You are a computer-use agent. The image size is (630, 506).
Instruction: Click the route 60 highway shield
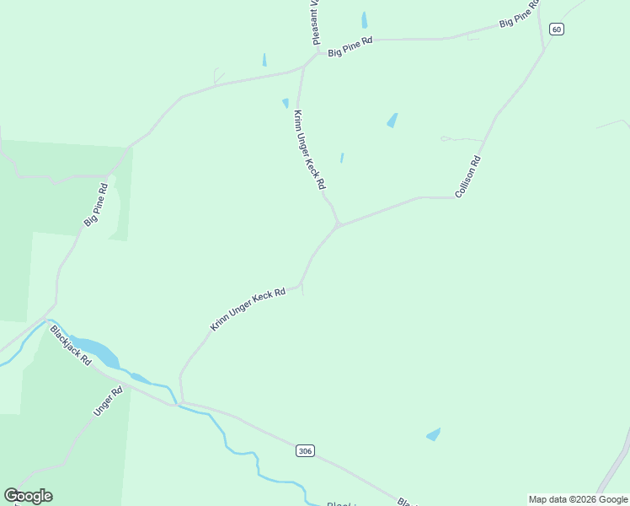tap(556, 30)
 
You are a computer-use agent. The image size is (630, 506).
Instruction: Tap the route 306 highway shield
tap(305, 451)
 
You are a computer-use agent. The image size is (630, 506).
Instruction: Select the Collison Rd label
tap(467, 177)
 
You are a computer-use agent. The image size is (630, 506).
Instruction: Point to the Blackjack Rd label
tap(71, 345)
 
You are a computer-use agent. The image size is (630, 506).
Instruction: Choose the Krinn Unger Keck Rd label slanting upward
tap(248, 309)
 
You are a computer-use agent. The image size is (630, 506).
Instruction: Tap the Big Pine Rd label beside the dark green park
tap(96, 205)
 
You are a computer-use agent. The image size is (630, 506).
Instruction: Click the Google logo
tap(29, 496)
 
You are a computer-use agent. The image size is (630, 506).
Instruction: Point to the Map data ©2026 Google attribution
tap(579, 499)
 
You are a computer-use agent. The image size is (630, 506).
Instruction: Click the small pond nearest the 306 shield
tap(434, 434)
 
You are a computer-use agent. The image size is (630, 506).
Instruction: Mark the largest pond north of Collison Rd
tap(392, 121)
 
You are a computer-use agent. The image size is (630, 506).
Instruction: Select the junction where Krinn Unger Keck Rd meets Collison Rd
tap(339, 225)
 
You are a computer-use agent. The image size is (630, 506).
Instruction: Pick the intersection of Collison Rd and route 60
tap(544, 50)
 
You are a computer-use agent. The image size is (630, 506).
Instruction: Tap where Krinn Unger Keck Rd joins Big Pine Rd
tap(302, 66)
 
